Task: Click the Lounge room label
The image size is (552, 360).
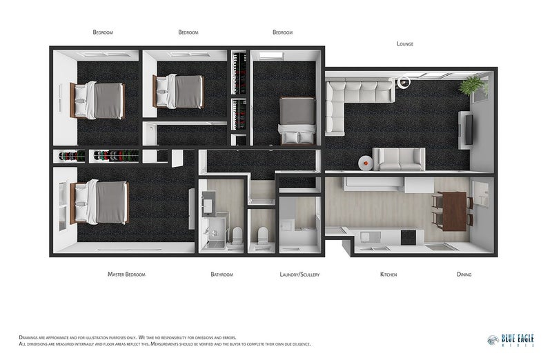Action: point(405,43)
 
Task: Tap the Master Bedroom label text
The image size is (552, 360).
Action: point(126,274)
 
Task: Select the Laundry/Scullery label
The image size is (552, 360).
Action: point(299,274)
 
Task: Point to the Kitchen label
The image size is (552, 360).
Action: point(388,274)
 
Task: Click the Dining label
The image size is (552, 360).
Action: point(464,274)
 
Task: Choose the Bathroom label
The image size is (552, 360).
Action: point(221,274)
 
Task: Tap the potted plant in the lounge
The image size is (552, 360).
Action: point(473,86)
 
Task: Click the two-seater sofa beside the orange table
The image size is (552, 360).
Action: point(397,159)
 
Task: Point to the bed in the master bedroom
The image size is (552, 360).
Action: point(101,203)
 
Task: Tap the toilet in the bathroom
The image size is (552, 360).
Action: point(235,234)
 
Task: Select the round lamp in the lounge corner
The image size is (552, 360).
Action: point(404,83)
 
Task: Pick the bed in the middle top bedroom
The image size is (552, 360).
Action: point(181,92)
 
